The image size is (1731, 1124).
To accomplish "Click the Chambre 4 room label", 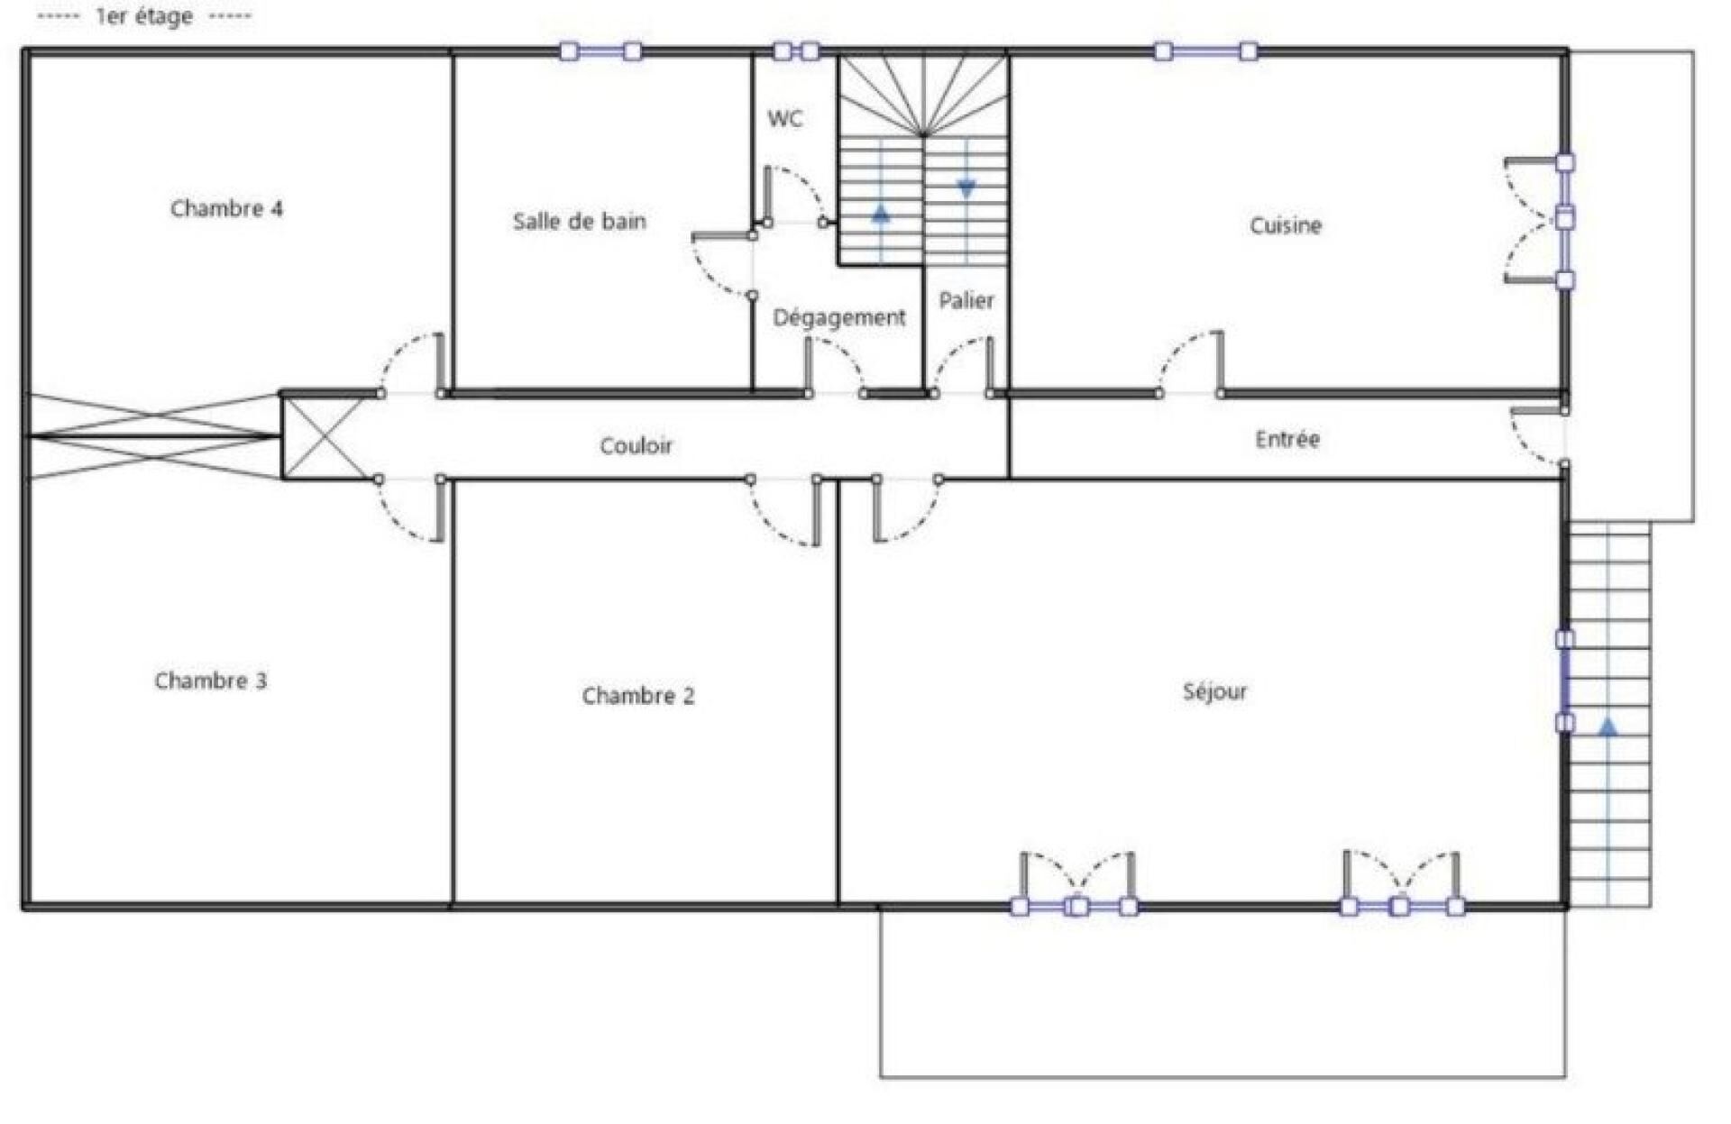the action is click(226, 208).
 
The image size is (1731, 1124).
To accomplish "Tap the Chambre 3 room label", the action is click(211, 681).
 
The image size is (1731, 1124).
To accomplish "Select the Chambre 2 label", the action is click(638, 696).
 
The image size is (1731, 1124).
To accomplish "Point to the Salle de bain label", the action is click(580, 221).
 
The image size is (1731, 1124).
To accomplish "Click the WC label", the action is click(785, 119).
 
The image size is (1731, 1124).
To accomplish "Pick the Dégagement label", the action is click(839, 317).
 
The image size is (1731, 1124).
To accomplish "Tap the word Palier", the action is click(966, 300).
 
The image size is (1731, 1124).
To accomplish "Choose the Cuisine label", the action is click(1286, 225).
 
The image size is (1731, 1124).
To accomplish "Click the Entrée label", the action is click(1287, 439).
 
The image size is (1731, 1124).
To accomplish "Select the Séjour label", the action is click(1215, 691).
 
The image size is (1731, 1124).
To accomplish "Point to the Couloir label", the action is click(637, 445).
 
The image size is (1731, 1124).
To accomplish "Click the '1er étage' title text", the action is click(144, 17).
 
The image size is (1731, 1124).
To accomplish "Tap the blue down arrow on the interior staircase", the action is click(966, 189).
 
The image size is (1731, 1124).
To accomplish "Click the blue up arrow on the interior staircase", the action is click(881, 214).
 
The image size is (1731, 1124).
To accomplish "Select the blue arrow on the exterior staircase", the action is click(1608, 726).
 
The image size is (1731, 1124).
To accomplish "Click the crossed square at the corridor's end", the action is click(326, 437).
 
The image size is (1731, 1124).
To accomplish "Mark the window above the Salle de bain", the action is click(600, 51).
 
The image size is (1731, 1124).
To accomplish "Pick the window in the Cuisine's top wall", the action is click(1206, 51).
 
